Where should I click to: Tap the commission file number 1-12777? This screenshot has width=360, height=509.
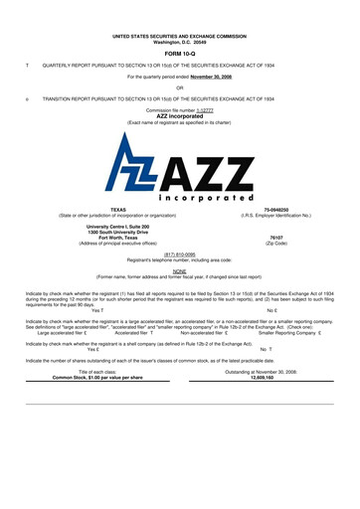click(202, 109)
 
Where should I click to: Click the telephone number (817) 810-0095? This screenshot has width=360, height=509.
click(179, 253)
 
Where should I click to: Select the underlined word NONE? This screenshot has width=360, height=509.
click(179, 268)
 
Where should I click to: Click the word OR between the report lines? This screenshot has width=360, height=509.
click(179, 87)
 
